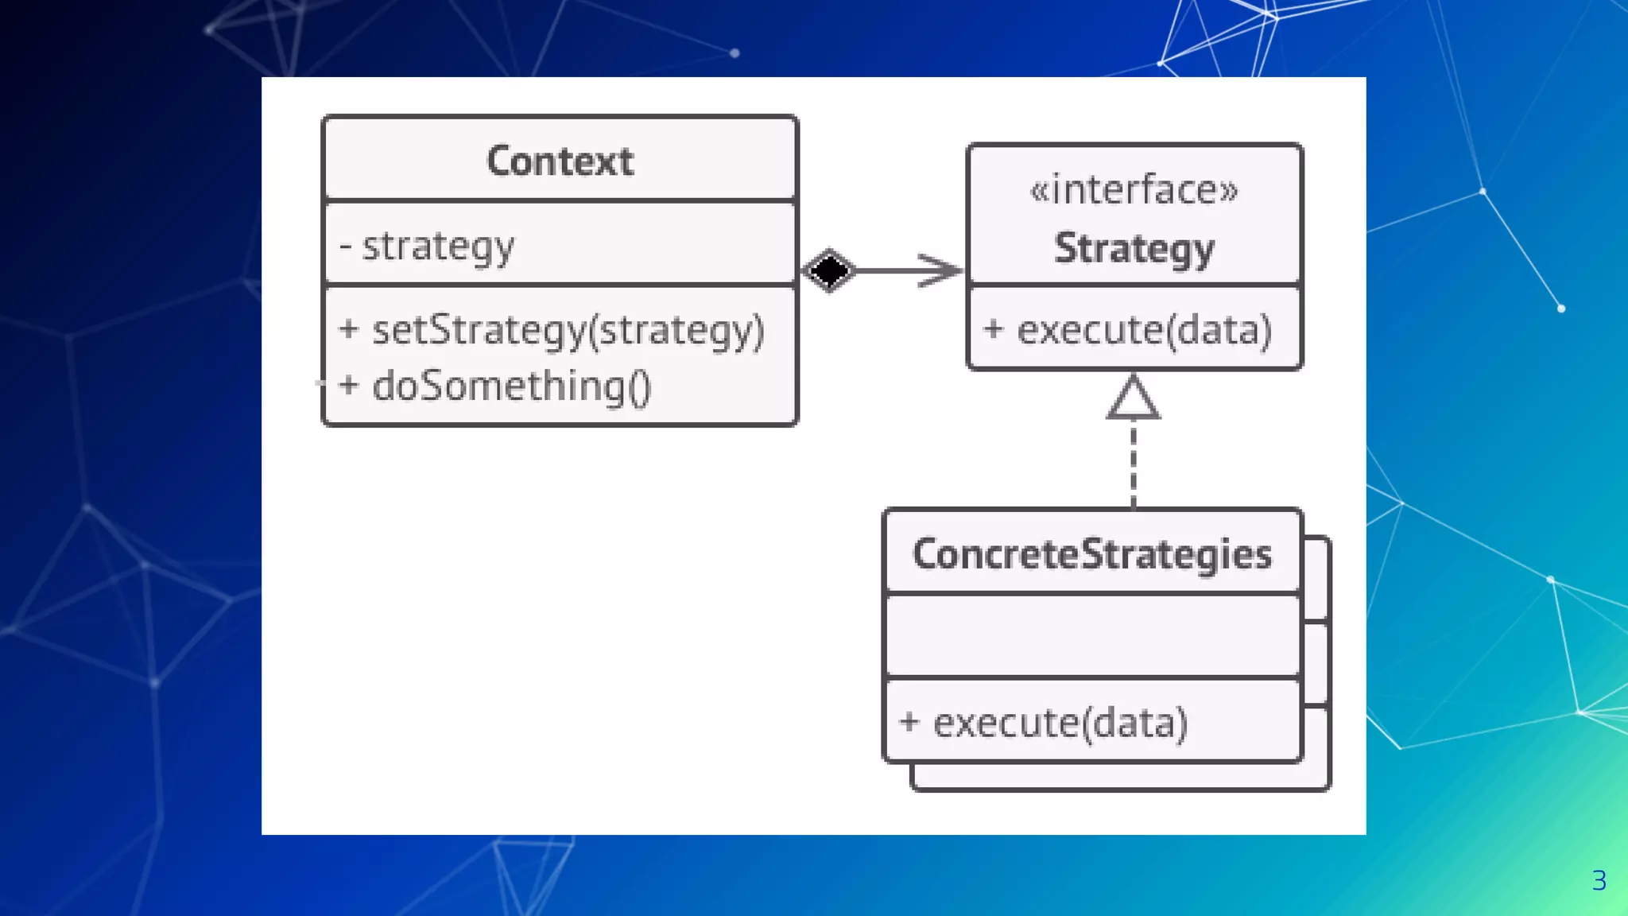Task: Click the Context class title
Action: (560, 161)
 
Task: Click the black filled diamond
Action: (828, 270)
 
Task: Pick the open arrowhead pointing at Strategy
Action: (940, 270)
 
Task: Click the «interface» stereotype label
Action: (1134, 191)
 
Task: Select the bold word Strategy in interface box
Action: (1134, 249)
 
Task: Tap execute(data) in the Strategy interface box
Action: (1144, 330)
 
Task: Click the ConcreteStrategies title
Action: (1091, 554)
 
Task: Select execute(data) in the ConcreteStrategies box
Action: (1060, 723)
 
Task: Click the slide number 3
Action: (1599, 880)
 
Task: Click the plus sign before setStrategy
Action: (348, 328)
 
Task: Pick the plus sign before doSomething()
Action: (348, 385)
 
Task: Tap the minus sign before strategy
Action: (345, 246)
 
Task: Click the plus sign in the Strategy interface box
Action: (992, 328)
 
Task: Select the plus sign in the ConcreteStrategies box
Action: (909, 721)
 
